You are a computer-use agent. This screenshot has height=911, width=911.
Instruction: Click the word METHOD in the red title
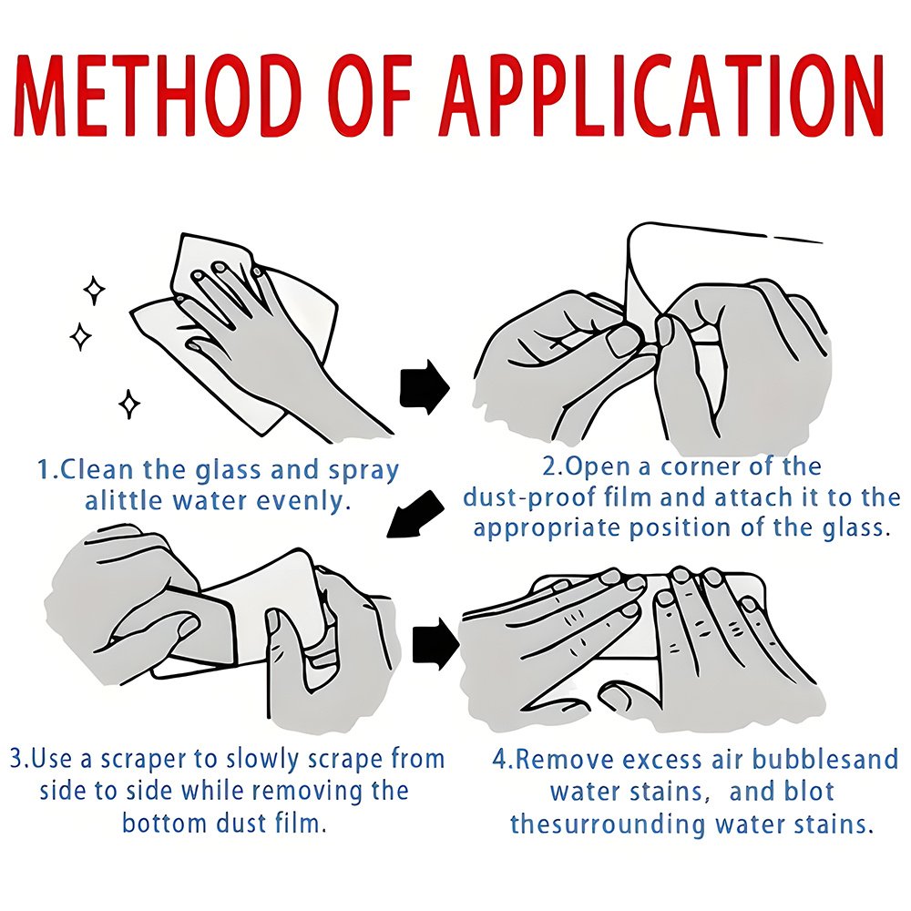click(155, 96)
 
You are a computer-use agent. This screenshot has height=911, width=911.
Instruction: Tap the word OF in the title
click(369, 96)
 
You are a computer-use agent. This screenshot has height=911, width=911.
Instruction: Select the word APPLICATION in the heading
click(663, 96)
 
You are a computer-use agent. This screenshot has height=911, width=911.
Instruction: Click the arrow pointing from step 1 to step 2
click(425, 387)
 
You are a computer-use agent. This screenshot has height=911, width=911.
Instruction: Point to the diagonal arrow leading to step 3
click(415, 514)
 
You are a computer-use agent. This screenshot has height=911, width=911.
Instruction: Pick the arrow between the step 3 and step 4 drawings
click(435, 644)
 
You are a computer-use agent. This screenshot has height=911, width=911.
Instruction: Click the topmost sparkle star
click(94, 291)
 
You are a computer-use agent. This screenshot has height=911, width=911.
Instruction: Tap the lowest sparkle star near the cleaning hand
click(129, 404)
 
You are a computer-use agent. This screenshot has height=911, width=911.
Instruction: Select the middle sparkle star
click(80, 336)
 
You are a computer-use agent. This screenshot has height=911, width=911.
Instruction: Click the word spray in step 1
click(363, 471)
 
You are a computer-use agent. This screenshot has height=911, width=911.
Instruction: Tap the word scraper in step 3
click(142, 761)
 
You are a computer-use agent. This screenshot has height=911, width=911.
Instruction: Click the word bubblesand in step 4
click(825, 760)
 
